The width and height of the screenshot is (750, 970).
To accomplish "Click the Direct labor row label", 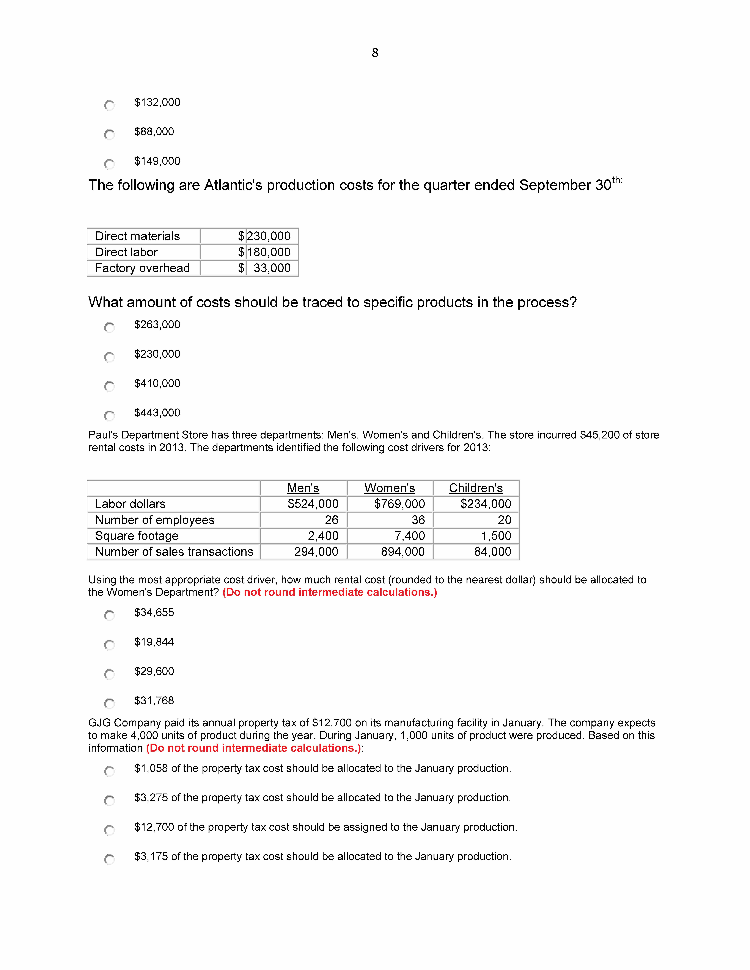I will coord(126,252).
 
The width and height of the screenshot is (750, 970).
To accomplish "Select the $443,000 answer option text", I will coord(157,413).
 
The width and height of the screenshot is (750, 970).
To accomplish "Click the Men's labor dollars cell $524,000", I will coord(313,504).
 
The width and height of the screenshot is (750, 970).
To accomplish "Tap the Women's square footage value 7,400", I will coord(410,536).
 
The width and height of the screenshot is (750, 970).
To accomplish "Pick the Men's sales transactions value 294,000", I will coord(316,552).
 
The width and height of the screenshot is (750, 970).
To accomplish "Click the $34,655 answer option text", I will coord(154,612).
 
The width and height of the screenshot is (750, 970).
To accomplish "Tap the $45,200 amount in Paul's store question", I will coord(600,435).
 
